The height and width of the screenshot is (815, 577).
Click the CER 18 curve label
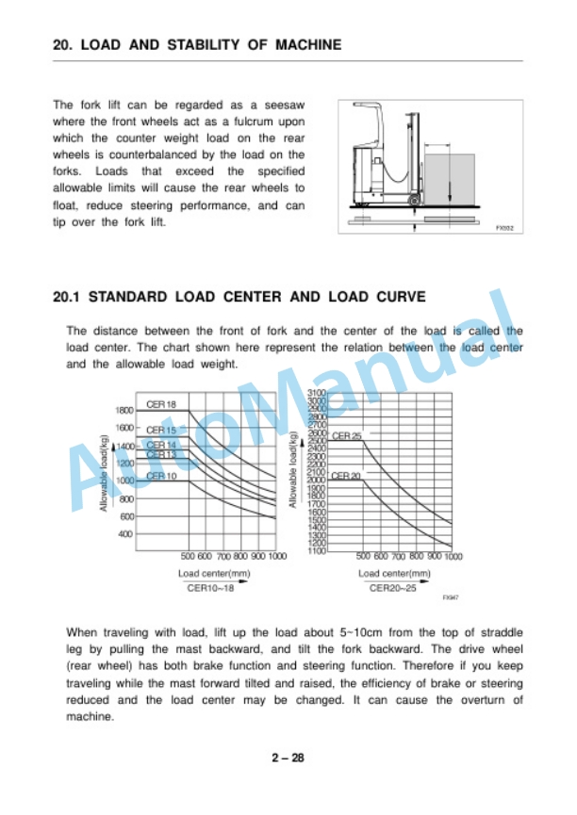(161, 404)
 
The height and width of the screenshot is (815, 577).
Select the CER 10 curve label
(161, 476)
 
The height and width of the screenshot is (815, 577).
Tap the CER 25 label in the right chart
(347, 435)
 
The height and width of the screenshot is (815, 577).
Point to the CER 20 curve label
(347, 476)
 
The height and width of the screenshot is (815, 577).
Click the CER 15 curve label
(161, 430)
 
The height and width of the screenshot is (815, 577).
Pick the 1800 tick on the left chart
(124, 411)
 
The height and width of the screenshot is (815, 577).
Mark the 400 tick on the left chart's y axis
(126, 534)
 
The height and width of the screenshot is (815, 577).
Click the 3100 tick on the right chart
(316, 392)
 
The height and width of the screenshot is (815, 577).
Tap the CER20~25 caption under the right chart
(392, 587)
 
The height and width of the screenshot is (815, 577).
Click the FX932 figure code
(505, 227)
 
